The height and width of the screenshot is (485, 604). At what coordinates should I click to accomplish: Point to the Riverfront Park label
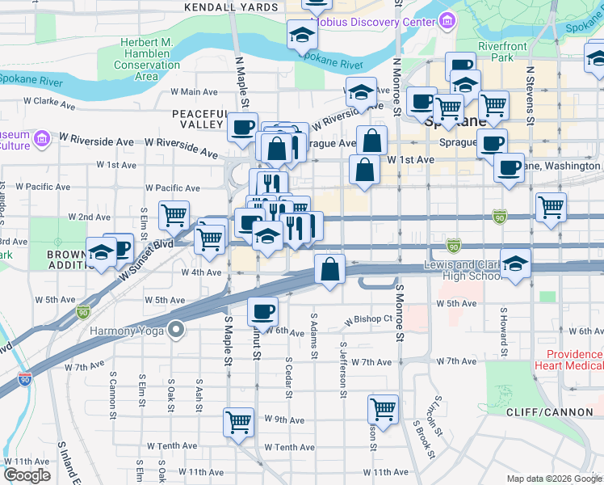(x=501, y=53)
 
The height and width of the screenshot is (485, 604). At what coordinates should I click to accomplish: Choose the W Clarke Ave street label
(x=49, y=103)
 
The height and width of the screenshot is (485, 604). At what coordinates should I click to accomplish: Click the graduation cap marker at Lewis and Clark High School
(x=515, y=263)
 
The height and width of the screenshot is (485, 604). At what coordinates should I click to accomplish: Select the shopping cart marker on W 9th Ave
(x=238, y=420)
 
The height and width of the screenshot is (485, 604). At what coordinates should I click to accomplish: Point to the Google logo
(x=27, y=475)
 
